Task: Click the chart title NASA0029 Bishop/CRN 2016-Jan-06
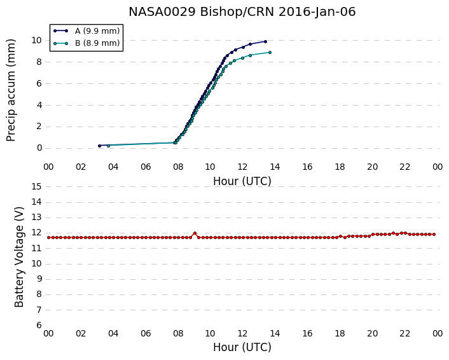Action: (x=242, y=12)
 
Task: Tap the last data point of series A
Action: (x=265, y=41)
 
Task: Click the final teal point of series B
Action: (x=270, y=52)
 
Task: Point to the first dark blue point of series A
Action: (x=99, y=146)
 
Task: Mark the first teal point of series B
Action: (x=108, y=146)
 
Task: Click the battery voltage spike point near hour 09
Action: (x=195, y=233)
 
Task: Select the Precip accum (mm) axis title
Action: (x=11, y=90)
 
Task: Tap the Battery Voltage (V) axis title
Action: (x=19, y=257)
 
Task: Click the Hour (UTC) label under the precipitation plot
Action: (x=242, y=181)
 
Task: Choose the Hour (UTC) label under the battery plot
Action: (x=242, y=347)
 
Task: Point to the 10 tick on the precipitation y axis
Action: (x=37, y=40)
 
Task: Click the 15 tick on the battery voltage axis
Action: (x=37, y=187)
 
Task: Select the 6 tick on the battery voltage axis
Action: (x=39, y=326)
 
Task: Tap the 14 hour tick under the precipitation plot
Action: (x=275, y=167)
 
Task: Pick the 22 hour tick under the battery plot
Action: (x=404, y=334)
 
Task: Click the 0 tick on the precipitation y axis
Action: (x=39, y=148)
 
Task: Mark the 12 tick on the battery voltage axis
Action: (x=37, y=233)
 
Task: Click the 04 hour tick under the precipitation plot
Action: (x=113, y=167)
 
